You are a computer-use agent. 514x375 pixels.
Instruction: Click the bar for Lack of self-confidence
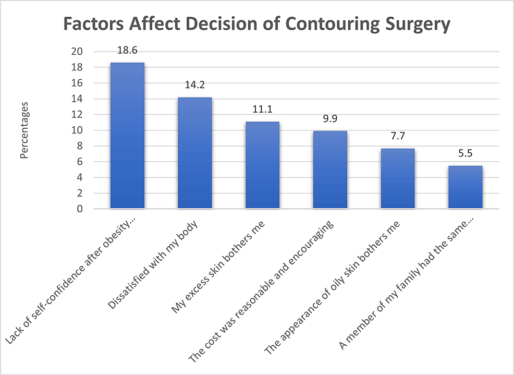pos(127,136)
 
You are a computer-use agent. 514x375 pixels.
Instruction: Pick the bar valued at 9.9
pos(330,170)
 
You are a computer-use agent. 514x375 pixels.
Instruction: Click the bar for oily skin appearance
pos(397,178)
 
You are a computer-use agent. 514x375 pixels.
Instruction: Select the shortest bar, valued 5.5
pos(465,187)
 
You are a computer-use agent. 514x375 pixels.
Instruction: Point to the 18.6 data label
pos(127,51)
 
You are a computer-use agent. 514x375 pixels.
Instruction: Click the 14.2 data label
pos(194,86)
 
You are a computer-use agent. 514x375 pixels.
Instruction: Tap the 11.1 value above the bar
pos(262,110)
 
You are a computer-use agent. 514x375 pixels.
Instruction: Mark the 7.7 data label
pos(397,137)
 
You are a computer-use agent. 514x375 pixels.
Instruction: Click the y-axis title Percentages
pos(24,130)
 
